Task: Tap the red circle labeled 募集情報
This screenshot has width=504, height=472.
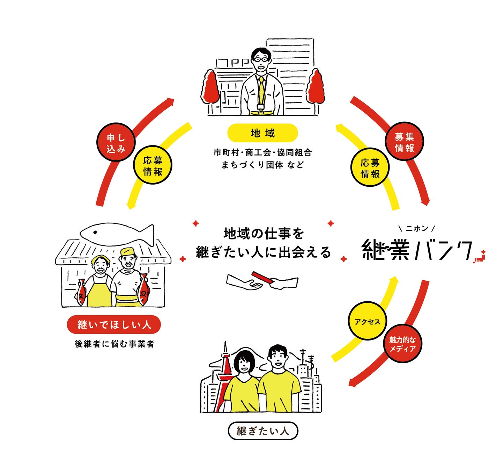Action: point(404,142)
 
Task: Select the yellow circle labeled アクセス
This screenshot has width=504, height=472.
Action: point(367,321)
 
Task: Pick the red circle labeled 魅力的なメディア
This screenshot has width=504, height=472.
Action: point(402,344)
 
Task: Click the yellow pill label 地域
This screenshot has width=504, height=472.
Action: point(262,133)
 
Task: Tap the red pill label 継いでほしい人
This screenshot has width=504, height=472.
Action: point(114,325)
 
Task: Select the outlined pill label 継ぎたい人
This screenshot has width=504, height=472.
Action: point(263,431)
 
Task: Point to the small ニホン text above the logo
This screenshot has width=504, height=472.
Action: point(417,229)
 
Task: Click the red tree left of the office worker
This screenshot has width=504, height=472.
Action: point(210,87)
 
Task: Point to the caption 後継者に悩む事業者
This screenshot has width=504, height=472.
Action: point(114,344)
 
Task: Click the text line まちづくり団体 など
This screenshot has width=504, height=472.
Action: point(262,165)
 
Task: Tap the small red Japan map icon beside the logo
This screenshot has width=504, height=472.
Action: point(480,257)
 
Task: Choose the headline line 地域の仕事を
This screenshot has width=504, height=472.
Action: point(264,234)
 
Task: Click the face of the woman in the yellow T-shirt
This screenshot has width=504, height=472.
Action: point(244,364)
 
